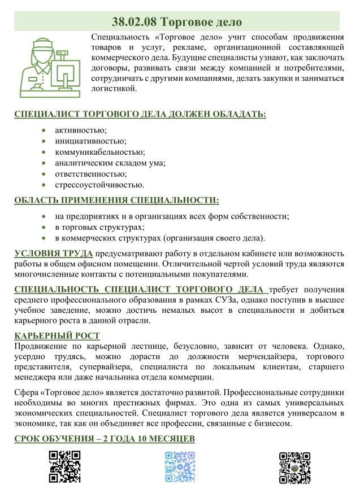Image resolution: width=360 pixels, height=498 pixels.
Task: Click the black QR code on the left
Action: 64,466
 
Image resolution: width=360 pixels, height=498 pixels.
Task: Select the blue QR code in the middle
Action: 180,466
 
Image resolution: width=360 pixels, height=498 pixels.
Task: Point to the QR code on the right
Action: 295,466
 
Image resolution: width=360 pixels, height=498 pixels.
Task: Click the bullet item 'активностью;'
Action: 81,130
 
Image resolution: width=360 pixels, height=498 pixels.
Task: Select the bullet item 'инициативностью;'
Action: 90,141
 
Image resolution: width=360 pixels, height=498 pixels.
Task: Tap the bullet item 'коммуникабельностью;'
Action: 100,152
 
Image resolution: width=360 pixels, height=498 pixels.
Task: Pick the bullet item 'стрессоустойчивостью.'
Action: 99,184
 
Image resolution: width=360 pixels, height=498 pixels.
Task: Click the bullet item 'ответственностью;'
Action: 90,173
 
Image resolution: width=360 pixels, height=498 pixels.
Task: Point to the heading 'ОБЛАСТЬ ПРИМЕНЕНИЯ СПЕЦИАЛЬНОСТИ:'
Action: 116,200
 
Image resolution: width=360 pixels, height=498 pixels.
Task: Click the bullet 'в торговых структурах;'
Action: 99,227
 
